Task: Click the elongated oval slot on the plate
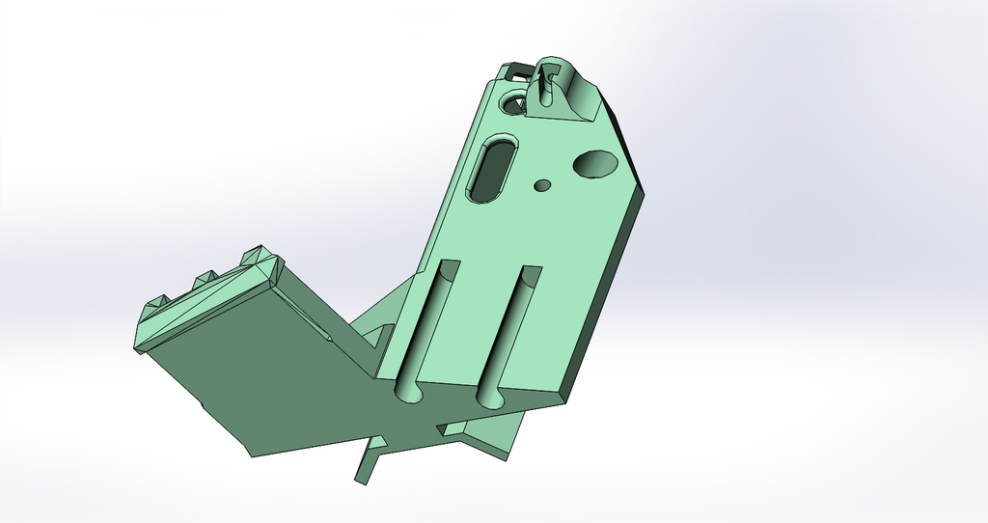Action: (492, 169)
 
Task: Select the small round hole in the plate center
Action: (542, 184)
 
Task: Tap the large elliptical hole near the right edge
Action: (595, 164)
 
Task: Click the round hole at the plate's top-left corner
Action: (512, 101)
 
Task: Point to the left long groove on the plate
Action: (426, 323)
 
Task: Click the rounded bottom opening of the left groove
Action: (408, 392)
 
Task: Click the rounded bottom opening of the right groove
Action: (489, 397)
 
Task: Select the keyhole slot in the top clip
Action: (546, 86)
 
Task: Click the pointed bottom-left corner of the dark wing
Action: (252, 454)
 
